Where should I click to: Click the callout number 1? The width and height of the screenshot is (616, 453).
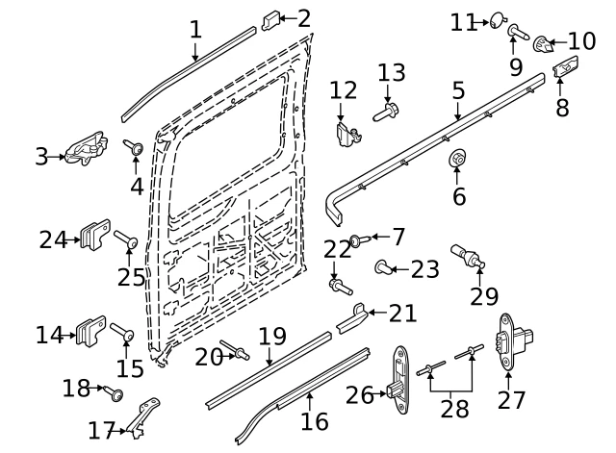(x=195, y=30)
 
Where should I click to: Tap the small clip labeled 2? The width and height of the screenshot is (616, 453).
(x=270, y=20)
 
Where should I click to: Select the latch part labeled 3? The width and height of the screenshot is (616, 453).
(x=87, y=149)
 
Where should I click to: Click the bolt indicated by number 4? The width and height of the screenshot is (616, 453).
(x=133, y=147)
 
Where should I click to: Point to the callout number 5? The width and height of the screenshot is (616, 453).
(x=458, y=90)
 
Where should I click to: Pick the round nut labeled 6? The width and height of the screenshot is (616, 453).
(x=457, y=157)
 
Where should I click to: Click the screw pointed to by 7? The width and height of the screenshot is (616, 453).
(x=360, y=239)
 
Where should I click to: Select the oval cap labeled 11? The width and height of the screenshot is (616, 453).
(x=498, y=20)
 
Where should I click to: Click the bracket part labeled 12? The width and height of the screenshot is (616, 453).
(x=348, y=135)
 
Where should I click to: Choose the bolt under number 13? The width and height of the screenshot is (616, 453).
(x=386, y=112)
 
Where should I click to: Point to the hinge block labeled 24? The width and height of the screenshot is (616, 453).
(x=95, y=235)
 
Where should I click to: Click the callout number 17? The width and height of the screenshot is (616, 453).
(x=101, y=431)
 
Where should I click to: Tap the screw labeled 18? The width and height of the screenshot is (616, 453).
(x=114, y=392)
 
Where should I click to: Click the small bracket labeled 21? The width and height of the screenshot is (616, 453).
(x=351, y=318)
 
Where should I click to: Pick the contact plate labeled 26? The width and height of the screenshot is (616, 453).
(x=399, y=380)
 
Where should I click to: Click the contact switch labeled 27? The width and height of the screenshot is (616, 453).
(x=514, y=341)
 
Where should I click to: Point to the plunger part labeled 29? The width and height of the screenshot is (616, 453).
(x=468, y=256)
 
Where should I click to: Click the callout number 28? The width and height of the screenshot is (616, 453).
(x=454, y=409)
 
